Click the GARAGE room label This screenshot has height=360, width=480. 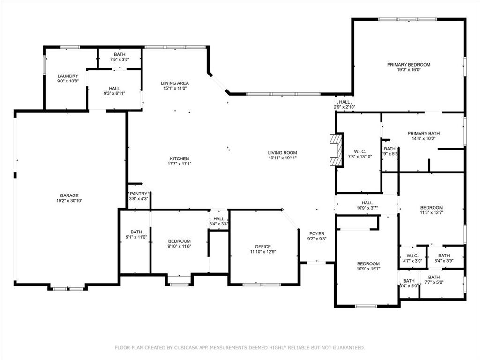point(69,195)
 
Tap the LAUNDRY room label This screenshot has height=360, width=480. point(68,76)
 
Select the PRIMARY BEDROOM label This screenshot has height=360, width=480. point(408,65)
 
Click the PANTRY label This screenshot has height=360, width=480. point(139,194)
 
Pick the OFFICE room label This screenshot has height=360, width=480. point(263,247)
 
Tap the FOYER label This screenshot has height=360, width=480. point(317,233)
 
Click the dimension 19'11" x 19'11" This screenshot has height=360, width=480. point(282,158)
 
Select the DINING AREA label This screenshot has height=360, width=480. point(175,83)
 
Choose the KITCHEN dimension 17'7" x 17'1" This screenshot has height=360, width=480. point(180,164)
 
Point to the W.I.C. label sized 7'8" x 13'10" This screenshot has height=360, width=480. point(360,151)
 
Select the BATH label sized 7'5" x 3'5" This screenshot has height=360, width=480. point(120,55)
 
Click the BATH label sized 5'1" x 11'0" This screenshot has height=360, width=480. point(136,232)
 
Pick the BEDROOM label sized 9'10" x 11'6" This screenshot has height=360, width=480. point(179,241)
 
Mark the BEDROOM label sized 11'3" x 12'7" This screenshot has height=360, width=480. point(431,208)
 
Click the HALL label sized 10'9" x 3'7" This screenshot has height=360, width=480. point(367,203)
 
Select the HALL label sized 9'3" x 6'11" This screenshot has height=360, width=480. point(114,88)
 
